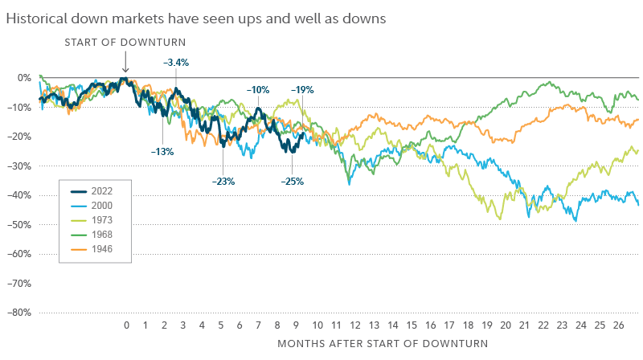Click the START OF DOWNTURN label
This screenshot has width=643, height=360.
pyautogui.click(x=125, y=43)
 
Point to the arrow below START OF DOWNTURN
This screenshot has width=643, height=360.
pyautogui.click(x=125, y=63)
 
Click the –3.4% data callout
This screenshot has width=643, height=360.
pyautogui.click(x=175, y=61)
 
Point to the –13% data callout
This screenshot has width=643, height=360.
pyautogui.click(x=162, y=150)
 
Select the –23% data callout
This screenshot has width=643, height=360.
pyautogui.click(x=223, y=181)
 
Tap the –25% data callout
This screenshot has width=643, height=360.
pyautogui.click(x=292, y=181)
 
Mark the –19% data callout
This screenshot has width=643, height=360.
pyautogui.click(x=302, y=90)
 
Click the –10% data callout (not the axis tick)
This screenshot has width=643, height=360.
pyautogui.click(x=258, y=90)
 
